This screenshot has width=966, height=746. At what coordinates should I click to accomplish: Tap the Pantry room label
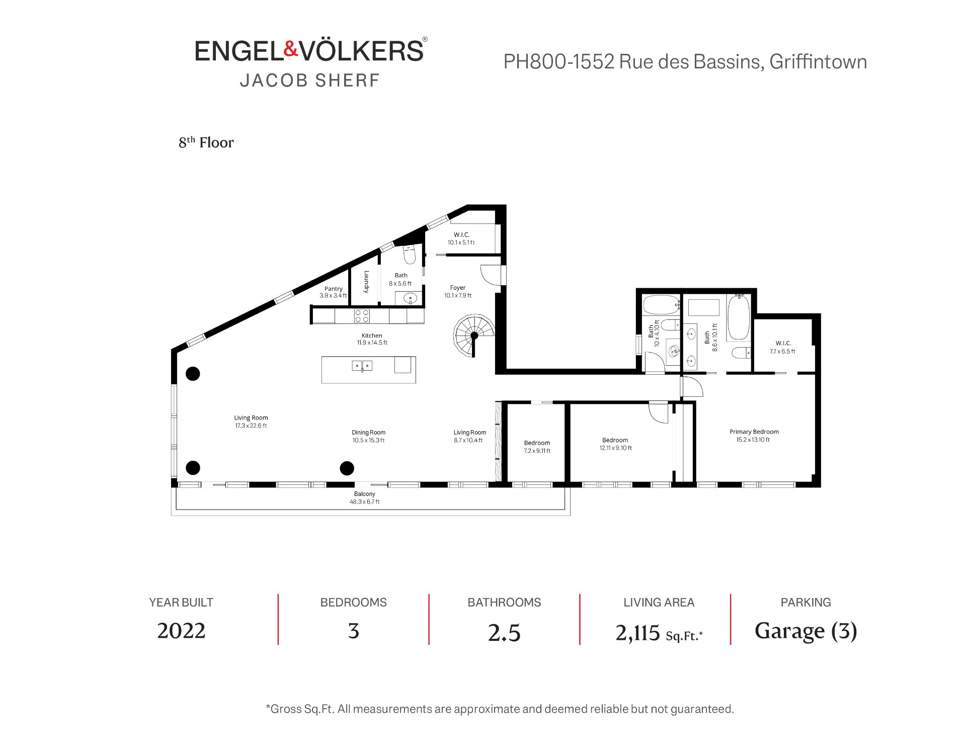click(333, 292)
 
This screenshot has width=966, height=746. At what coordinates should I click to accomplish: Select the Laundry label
click(366, 282)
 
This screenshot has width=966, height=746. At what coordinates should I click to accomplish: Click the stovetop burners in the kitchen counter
click(362, 316)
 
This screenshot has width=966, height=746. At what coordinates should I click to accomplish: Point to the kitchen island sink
click(362, 366)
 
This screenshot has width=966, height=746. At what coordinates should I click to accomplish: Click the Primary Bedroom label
click(754, 436)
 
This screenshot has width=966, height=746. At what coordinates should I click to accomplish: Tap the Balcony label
click(365, 498)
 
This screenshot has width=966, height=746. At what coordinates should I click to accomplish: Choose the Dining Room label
click(368, 436)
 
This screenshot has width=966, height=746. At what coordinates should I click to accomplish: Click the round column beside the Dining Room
click(347, 468)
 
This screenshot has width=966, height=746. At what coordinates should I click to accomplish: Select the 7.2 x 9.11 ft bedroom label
click(537, 447)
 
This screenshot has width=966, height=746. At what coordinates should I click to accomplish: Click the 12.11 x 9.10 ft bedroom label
click(615, 444)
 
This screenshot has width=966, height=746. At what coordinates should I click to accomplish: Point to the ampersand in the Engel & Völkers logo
click(291, 49)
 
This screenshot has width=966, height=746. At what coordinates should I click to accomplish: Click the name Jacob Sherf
click(309, 80)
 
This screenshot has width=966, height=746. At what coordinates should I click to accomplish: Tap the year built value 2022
click(181, 631)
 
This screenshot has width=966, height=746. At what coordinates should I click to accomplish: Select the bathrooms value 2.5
click(504, 633)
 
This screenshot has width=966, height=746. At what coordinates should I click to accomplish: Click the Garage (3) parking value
click(806, 631)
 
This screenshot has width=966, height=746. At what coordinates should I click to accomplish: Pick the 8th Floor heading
click(206, 143)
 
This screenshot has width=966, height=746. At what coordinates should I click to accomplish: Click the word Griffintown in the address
click(818, 62)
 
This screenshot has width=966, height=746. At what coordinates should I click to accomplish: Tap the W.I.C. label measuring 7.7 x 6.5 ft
click(783, 347)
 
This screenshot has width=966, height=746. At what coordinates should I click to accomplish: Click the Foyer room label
click(458, 292)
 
